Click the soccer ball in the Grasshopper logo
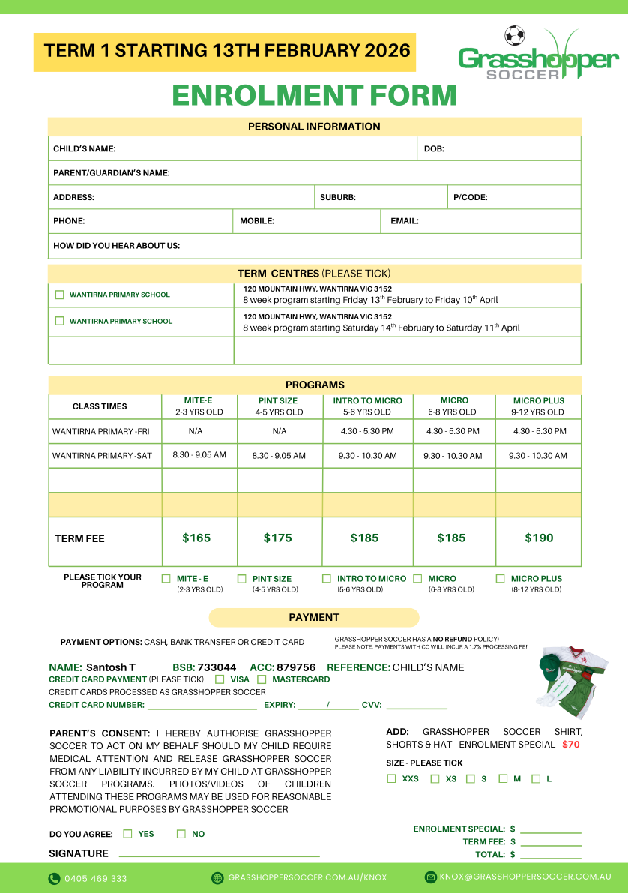[x=514, y=35]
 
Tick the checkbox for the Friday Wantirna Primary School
[x=60, y=295]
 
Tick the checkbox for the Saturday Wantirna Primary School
[x=60, y=321]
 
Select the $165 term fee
[x=196, y=538]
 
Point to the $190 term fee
[x=539, y=538]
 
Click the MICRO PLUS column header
[x=538, y=400]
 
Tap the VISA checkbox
[x=220, y=679]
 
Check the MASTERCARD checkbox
[x=262, y=679]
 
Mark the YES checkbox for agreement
[x=127, y=833]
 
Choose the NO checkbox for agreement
[x=181, y=833]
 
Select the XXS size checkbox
[x=391, y=778]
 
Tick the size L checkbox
[x=536, y=778]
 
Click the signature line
[x=219, y=854]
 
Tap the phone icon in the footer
[x=54, y=878]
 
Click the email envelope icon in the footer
[x=430, y=877]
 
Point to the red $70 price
[x=571, y=745]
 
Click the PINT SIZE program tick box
[x=242, y=578]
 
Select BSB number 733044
[x=217, y=667]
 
